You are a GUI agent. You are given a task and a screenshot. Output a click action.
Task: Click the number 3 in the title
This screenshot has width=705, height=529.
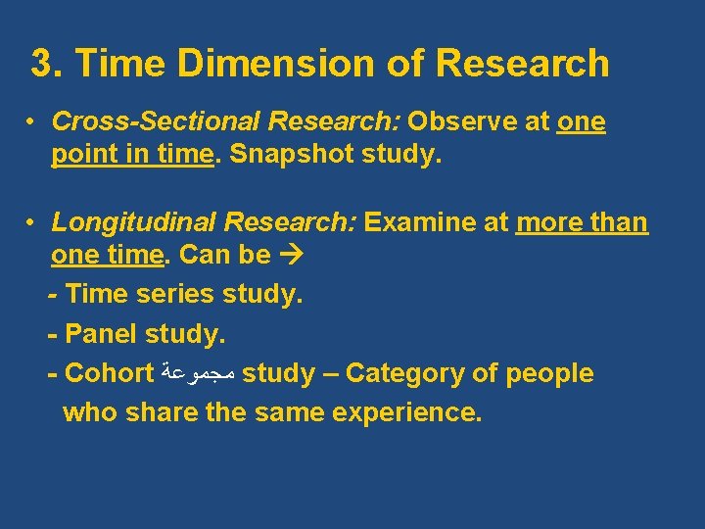pos(42,64)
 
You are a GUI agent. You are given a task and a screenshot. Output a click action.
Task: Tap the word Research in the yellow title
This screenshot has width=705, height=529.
pos(522,64)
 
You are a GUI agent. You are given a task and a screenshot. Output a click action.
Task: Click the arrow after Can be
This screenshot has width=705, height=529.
pos(290,256)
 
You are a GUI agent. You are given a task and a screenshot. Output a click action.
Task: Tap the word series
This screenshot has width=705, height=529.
pos(179,294)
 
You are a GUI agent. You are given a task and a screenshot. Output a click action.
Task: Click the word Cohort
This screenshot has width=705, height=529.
pos(109,373)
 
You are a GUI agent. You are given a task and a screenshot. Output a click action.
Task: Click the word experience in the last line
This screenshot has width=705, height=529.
pos(406,412)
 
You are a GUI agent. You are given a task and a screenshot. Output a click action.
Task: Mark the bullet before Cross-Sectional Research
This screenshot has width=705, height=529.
pos(33,122)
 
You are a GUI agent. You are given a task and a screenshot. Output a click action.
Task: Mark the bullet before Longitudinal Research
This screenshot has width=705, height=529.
pos(33,222)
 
